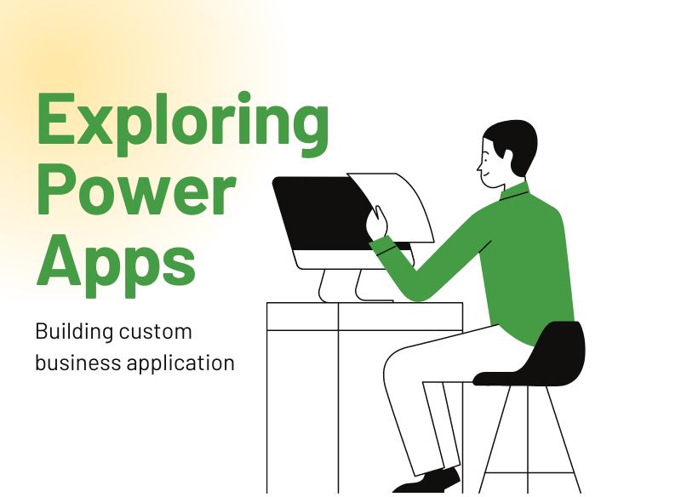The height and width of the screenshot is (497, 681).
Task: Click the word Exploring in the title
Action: (182, 122)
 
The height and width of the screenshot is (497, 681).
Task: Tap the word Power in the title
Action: (136, 188)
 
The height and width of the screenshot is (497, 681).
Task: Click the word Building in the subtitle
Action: (71, 332)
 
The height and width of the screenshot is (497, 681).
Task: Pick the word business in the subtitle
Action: (77, 363)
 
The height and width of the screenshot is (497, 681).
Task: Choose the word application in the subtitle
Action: (180, 363)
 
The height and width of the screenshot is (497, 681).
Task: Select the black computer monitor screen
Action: (319, 213)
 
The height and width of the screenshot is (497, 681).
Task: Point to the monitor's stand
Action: (340, 285)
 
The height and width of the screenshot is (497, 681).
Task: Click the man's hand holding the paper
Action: (376, 226)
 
